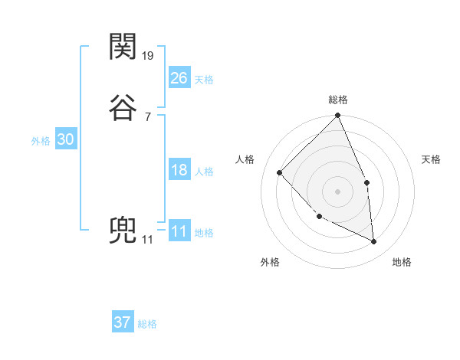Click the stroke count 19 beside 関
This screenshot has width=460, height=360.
click(149, 56)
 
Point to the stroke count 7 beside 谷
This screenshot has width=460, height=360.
click(147, 116)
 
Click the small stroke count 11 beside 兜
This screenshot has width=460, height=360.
click(148, 240)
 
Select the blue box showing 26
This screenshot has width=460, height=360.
click(179, 77)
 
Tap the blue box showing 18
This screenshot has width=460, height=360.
click(179, 170)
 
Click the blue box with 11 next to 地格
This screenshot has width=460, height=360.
click(179, 231)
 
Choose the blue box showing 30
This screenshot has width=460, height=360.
click(66, 139)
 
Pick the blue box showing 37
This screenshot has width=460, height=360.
click(123, 322)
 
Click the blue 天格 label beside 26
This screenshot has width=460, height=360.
click(204, 80)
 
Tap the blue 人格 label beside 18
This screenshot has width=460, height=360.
click(204, 172)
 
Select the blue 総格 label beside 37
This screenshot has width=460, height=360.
click(147, 325)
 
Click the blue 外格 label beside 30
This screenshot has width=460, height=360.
click(41, 142)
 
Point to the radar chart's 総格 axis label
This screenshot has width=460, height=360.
click(338, 100)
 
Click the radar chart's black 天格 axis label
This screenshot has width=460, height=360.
click(431, 159)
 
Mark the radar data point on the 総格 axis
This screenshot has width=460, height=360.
click(338, 116)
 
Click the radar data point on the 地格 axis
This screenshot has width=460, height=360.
click(373, 241)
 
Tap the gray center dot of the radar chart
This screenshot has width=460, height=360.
click(338, 191)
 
